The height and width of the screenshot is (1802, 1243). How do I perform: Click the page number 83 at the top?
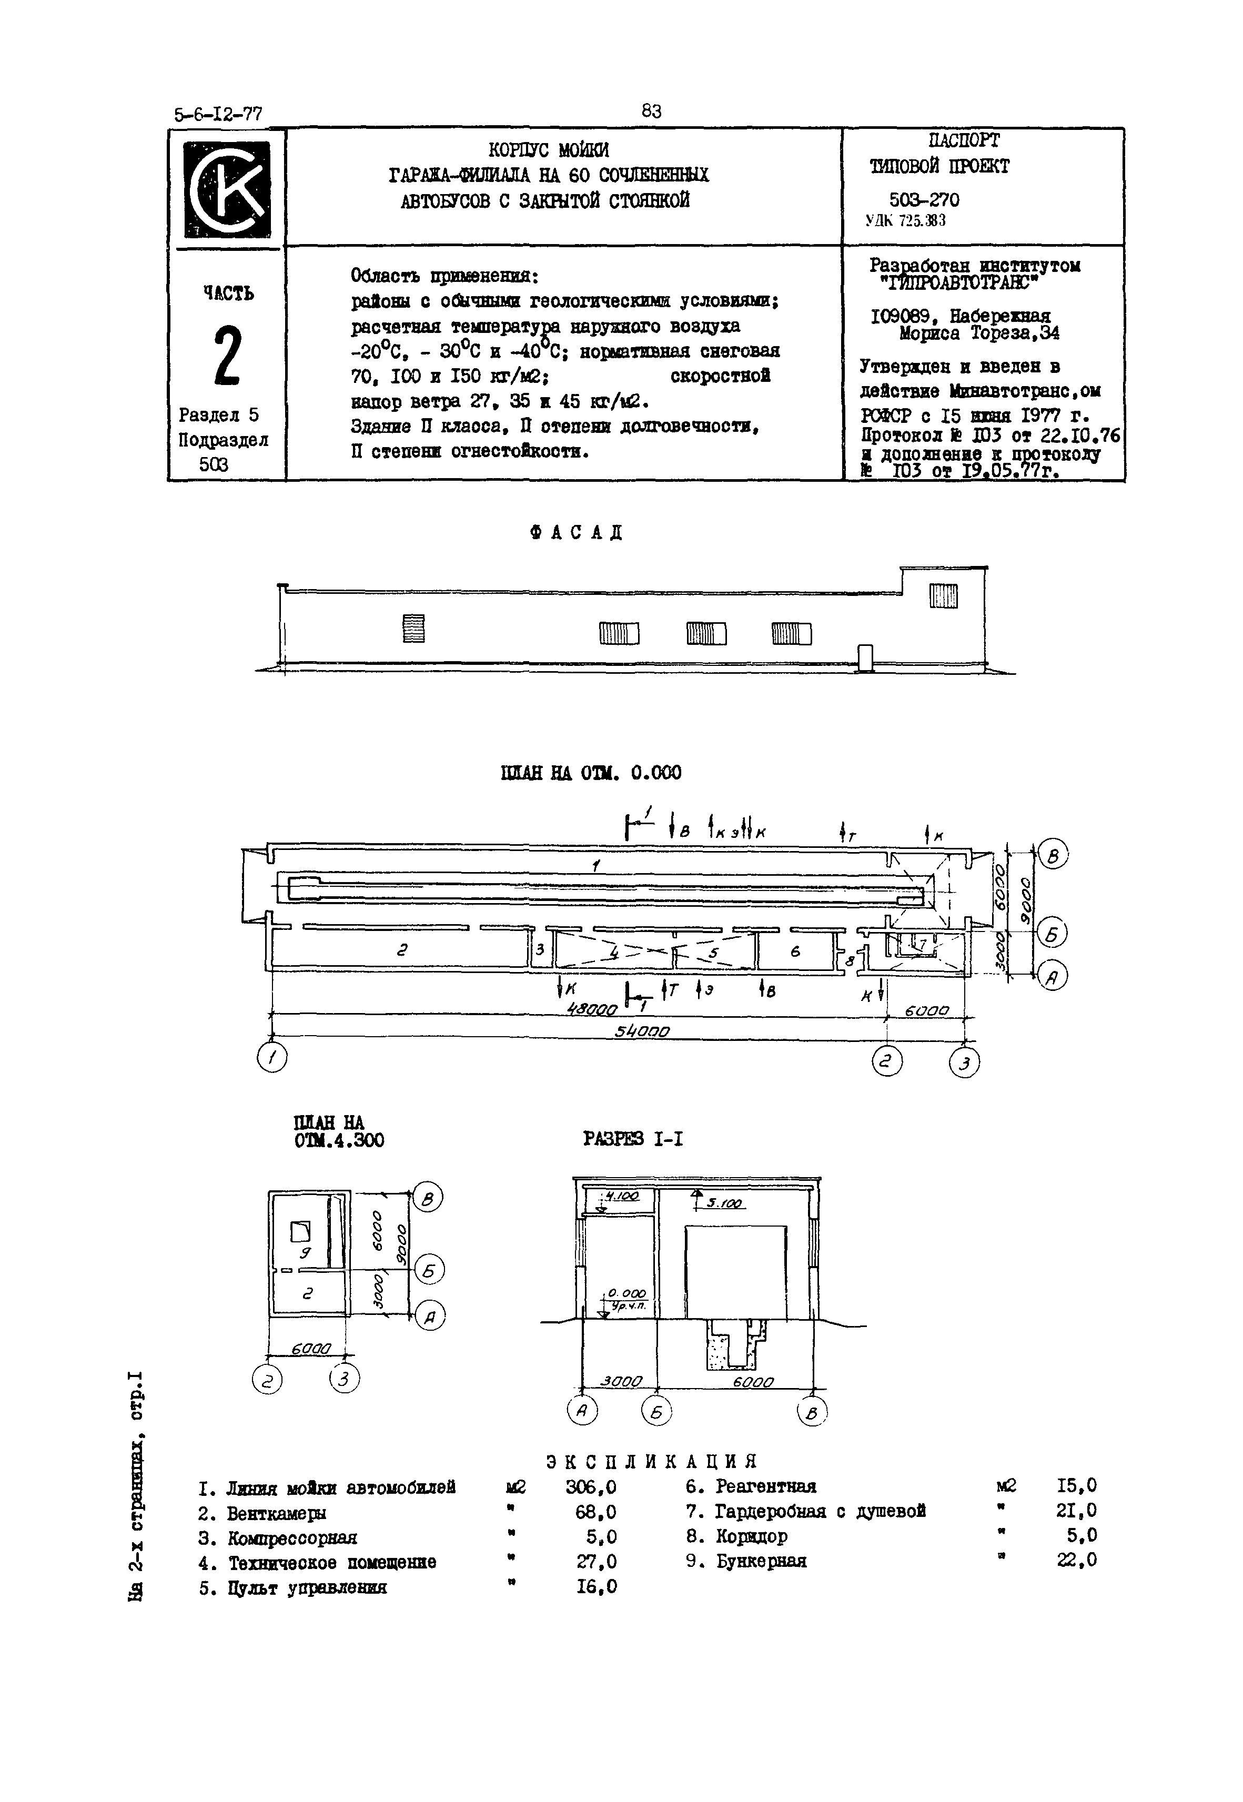pos(651,112)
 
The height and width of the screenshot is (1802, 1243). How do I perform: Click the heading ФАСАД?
pos(577,533)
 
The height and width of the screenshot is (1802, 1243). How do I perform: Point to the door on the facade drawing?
pos(864,657)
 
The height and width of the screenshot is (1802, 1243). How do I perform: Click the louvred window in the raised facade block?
pos(943,596)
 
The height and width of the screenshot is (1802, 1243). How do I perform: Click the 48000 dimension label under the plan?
pos(592,1009)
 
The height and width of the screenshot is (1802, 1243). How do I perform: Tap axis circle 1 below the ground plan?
pos(272,1058)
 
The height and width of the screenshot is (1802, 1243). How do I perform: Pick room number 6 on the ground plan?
pos(795,951)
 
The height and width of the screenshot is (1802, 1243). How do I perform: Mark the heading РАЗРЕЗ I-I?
pos(633,1139)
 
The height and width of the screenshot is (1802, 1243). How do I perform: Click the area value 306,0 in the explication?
pos(590,1487)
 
